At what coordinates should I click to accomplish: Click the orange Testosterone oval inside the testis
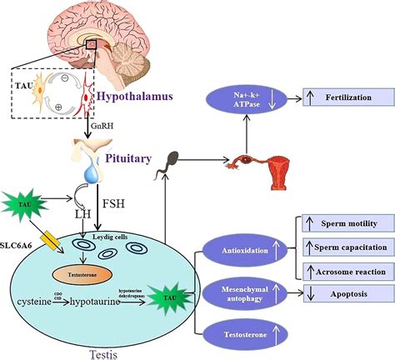point(81,272)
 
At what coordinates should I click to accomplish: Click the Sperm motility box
point(342,223)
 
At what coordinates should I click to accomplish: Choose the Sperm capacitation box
point(342,248)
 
